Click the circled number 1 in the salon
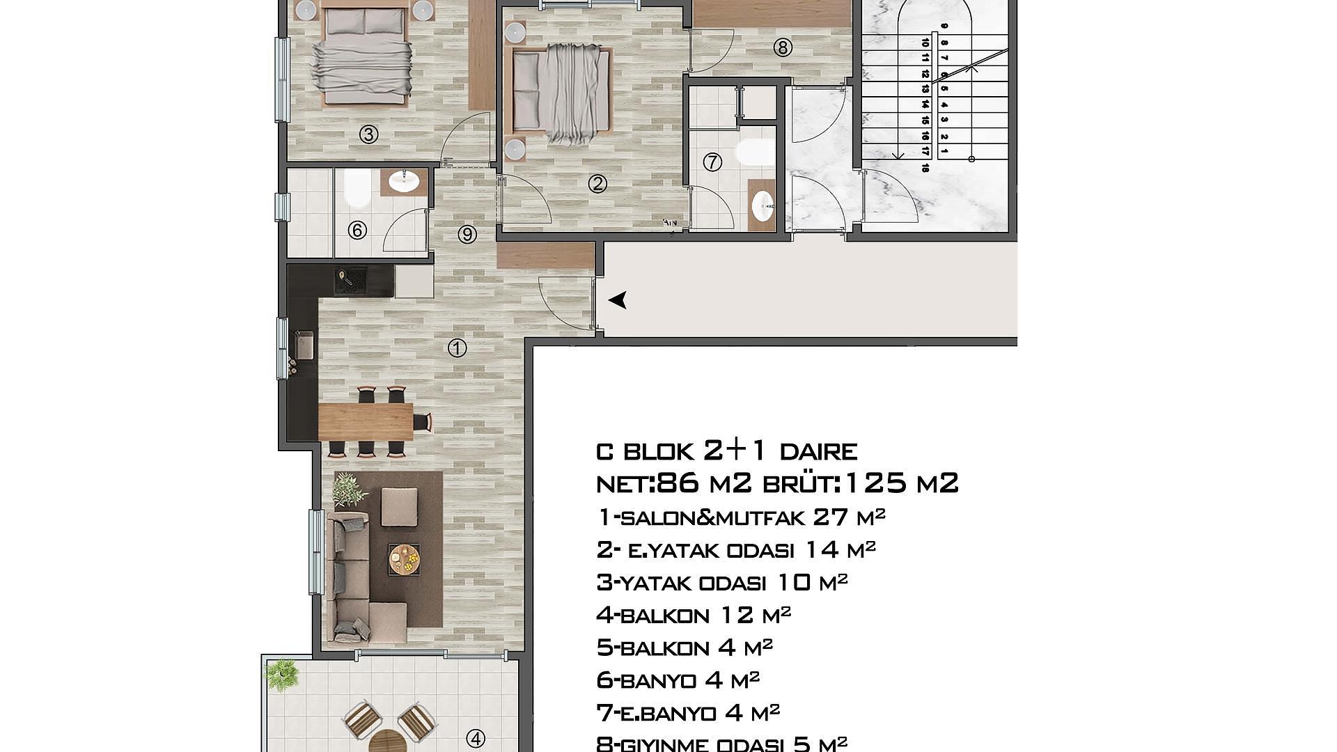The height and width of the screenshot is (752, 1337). click(x=457, y=347)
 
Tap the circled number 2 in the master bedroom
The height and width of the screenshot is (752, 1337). click(x=597, y=184)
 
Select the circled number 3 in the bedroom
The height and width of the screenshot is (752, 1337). click(x=368, y=134)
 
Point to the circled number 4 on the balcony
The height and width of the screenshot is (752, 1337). click(x=476, y=738)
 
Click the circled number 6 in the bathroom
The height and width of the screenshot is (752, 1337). click(x=357, y=230)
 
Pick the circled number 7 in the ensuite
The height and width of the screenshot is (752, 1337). click(x=712, y=162)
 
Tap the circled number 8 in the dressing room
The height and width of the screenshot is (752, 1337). click(x=783, y=47)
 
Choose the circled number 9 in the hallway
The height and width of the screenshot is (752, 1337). click(x=467, y=235)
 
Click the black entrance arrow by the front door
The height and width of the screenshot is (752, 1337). click(x=618, y=300)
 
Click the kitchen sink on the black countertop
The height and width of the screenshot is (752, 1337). click(x=304, y=344)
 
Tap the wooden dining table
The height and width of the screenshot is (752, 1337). click(x=366, y=421)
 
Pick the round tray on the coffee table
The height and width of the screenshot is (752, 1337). click(x=404, y=558)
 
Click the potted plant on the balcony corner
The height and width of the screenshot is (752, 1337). click(x=282, y=673)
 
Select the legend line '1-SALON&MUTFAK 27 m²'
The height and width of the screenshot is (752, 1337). click(x=741, y=517)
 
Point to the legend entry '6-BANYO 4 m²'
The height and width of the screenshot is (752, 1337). click(x=678, y=680)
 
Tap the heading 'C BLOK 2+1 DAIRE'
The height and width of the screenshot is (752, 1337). click(x=726, y=451)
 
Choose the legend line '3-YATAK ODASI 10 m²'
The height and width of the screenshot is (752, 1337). click(x=722, y=582)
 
